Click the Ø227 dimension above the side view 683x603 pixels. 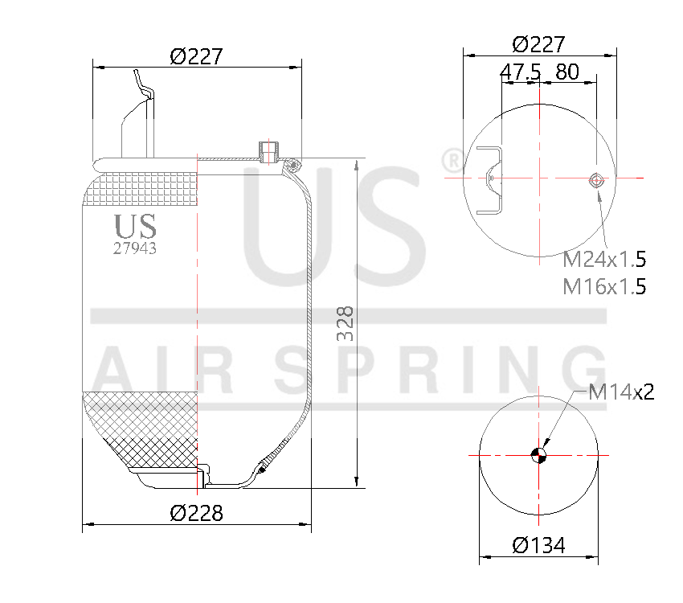196,56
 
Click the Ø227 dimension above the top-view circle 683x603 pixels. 538,43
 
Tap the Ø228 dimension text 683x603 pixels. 196,512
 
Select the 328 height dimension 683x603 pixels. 344,323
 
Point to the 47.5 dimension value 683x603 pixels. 520,72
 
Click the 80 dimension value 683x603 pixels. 566,72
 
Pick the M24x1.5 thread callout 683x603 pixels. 604,260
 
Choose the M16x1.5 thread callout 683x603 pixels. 604,285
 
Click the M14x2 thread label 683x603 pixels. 621,392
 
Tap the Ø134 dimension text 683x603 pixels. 538,545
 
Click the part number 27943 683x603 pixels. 135,249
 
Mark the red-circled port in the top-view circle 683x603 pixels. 596,179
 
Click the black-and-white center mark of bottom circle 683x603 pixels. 538,456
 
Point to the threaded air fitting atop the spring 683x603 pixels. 268,150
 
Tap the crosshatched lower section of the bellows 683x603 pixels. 141,426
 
